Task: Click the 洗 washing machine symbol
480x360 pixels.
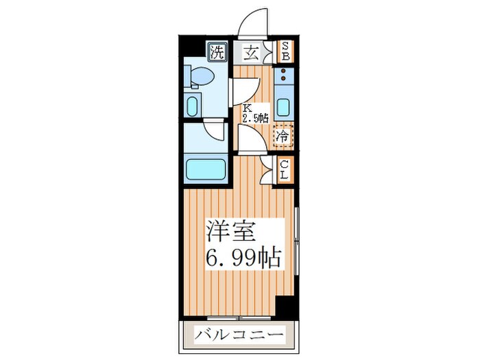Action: tap(217, 52)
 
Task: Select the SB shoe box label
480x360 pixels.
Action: tap(285, 52)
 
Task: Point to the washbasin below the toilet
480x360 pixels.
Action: tap(193, 106)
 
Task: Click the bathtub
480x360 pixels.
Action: tap(206, 169)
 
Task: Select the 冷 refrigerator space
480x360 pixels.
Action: tap(282, 136)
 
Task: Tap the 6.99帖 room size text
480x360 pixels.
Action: tap(243, 258)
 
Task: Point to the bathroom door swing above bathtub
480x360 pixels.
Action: tap(215, 130)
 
